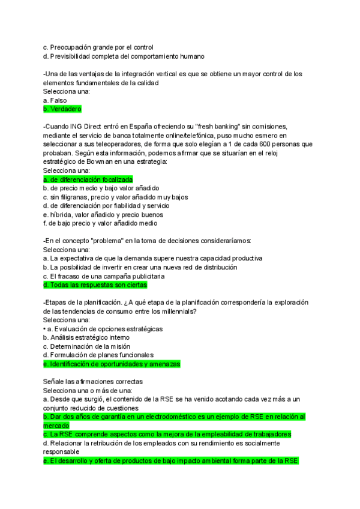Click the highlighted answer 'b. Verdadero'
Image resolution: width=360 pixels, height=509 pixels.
click(x=62, y=109)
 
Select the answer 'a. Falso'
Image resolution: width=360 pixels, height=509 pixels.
click(x=55, y=100)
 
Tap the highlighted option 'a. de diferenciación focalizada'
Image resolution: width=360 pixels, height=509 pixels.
click(x=88, y=179)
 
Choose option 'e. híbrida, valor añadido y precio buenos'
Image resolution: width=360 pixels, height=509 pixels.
click(x=103, y=214)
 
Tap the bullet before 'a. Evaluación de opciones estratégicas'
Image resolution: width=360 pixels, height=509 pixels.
click(x=45, y=329)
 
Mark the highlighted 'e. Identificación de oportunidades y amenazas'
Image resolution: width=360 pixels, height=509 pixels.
click(x=112, y=364)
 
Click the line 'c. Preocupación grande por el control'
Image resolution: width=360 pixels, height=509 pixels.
click(x=98, y=47)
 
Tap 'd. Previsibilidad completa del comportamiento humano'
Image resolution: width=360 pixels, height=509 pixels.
click(x=124, y=56)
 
